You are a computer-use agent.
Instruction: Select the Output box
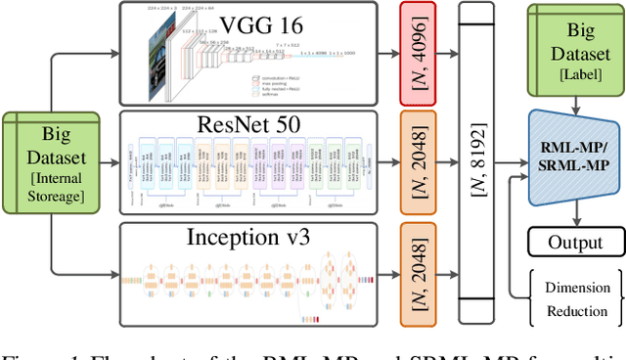[x=575, y=242]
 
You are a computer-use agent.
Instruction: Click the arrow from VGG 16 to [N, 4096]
[x=388, y=54]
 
